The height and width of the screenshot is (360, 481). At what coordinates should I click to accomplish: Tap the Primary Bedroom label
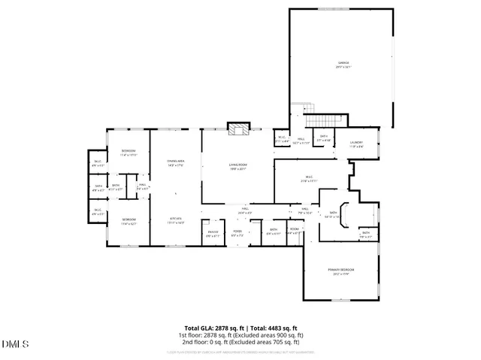point(340,271)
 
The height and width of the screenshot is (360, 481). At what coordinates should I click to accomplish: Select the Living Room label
point(238,167)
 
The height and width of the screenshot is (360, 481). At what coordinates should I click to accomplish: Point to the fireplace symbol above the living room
point(239,129)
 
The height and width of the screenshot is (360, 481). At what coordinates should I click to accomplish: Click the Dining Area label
point(175,163)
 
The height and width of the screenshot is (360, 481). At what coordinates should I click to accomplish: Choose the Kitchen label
point(175,220)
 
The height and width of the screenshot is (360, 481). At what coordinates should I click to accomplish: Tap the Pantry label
point(213,234)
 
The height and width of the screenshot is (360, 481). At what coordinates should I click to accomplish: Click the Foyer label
point(237,234)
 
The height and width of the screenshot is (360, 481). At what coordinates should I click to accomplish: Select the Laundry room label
point(356,144)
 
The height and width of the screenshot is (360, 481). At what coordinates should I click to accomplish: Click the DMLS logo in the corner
point(14,344)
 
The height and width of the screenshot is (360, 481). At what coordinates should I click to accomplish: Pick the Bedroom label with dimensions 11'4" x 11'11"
point(129,153)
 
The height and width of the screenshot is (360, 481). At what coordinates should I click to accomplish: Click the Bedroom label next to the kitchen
point(129,221)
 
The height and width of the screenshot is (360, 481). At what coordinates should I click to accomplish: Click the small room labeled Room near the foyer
point(294,231)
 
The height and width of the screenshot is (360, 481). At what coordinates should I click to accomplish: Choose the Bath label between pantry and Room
point(274,231)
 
